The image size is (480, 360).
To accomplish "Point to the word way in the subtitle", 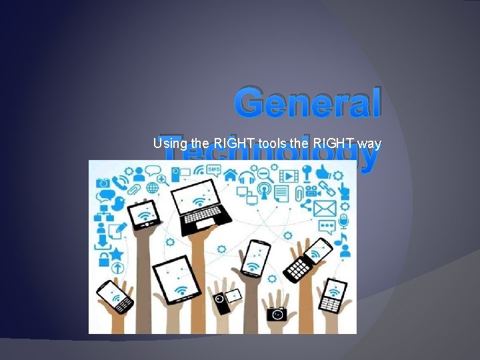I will point(368,143).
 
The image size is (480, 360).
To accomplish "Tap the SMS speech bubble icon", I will point(213,170).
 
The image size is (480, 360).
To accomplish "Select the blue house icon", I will point(231,175).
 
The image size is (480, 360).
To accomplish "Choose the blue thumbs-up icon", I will point(323,171).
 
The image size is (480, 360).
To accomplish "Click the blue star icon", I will point(116,254).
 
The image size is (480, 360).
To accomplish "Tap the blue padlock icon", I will point(103,257).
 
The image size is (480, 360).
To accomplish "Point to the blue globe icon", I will point(153,188).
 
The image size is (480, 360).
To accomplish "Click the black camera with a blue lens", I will point(276,313).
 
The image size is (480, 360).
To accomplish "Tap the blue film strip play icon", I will point(288,176).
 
